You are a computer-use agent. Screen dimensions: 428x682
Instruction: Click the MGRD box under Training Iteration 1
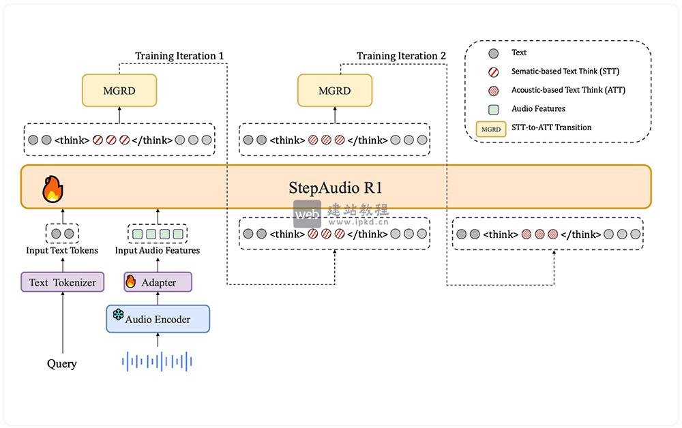pyautogui.click(x=119, y=91)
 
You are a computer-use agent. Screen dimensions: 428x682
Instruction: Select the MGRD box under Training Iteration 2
pyautogui.click(x=335, y=91)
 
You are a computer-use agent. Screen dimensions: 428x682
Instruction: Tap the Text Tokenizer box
pyautogui.click(x=63, y=282)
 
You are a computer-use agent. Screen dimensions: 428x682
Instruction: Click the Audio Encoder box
pyautogui.click(x=158, y=319)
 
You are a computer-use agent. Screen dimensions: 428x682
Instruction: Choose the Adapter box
pyautogui.click(x=158, y=282)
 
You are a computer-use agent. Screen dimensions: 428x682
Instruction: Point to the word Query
pyautogui.click(x=62, y=363)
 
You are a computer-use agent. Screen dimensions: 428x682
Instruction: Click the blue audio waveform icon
pyautogui.click(x=157, y=361)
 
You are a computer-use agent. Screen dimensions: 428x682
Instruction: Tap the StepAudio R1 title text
pyautogui.click(x=335, y=187)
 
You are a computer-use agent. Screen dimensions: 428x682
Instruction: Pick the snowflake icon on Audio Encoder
pyautogui.click(x=118, y=316)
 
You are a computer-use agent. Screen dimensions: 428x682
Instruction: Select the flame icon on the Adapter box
pyautogui.click(x=131, y=281)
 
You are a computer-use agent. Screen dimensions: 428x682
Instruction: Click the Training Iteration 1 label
pyautogui.click(x=179, y=56)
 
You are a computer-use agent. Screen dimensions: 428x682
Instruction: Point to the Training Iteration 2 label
pyautogui.click(x=401, y=56)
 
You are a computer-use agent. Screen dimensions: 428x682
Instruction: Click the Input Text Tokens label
pyautogui.click(x=62, y=250)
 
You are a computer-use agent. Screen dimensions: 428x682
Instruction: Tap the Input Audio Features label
pyautogui.click(x=158, y=250)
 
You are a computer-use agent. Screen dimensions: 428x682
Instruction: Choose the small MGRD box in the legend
pyautogui.click(x=490, y=127)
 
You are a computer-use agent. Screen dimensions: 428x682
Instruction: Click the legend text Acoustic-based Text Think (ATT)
pyautogui.click(x=568, y=90)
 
